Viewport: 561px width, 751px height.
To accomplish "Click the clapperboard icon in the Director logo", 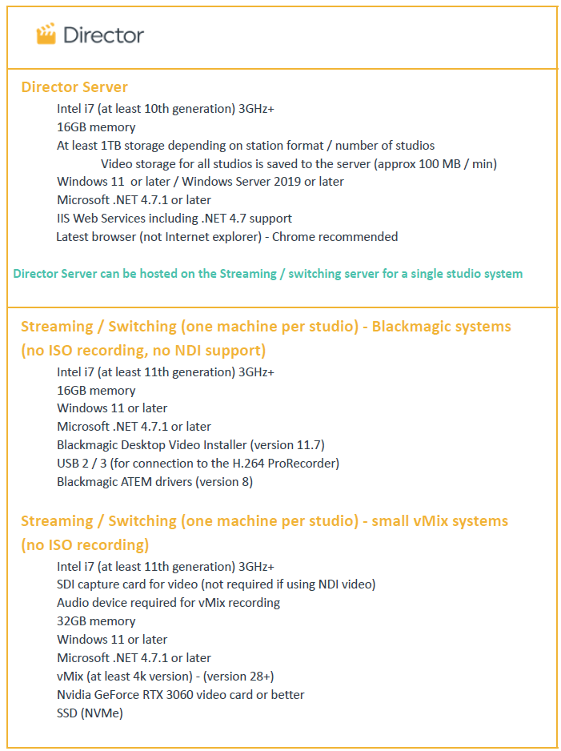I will pyautogui.click(x=46, y=34).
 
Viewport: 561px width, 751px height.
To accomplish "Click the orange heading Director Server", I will pyautogui.click(x=74, y=87).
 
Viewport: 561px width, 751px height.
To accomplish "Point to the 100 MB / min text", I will pyautogui.click(x=456, y=163).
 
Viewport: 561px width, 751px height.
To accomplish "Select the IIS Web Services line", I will pyautogui.click(x=174, y=218).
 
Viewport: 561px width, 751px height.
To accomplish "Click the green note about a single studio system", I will pyautogui.click(x=267, y=273).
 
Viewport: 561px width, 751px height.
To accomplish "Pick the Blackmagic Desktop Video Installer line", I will pyautogui.click(x=190, y=444).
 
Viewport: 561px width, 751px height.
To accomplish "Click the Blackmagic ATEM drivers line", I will pyautogui.click(x=154, y=481).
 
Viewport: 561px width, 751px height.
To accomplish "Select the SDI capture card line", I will pyautogui.click(x=215, y=584).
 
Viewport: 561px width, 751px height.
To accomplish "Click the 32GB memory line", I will pyautogui.click(x=96, y=620).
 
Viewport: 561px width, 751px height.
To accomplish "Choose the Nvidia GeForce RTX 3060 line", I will pyautogui.click(x=180, y=694).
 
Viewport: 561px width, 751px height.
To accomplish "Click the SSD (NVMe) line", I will pyautogui.click(x=90, y=713).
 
